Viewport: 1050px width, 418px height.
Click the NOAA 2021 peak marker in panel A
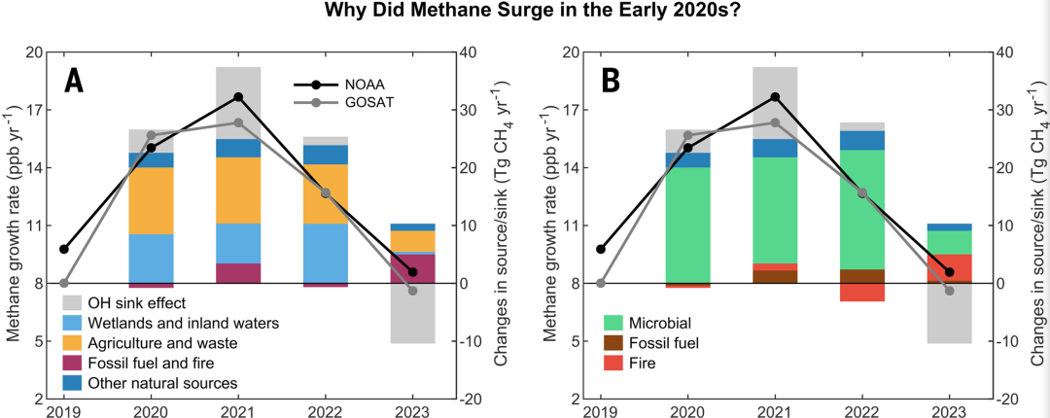click(x=238, y=97)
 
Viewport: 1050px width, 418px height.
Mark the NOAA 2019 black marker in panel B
click(x=600, y=249)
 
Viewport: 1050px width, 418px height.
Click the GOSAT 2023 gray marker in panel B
click(x=950, y=291)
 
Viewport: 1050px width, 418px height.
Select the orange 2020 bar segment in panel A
click(x=151, y=200)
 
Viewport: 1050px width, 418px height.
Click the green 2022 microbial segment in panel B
click(x=862, y=209)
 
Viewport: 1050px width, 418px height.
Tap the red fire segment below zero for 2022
click(x=862, y=292)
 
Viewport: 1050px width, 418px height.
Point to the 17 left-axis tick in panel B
click(x=574, y=110)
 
